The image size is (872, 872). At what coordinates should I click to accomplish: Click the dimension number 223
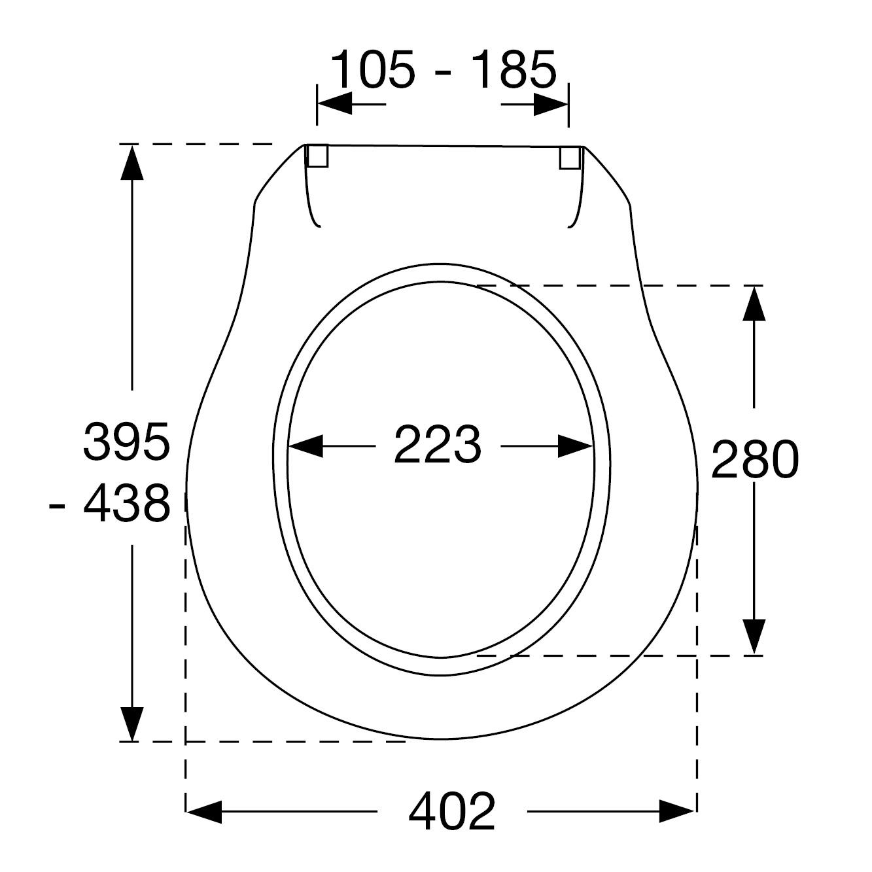pos(438,444)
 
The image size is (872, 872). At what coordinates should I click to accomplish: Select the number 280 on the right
pos(755,460)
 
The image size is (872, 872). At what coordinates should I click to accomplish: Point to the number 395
pos(126,441)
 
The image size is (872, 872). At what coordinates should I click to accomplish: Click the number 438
pos(126,503)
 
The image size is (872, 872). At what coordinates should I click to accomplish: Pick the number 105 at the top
pos(373,69)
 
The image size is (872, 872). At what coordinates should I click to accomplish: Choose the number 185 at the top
pos(514,69)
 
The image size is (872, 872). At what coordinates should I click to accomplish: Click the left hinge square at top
pos(318,156)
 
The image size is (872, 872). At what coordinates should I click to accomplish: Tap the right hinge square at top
pos(569,158)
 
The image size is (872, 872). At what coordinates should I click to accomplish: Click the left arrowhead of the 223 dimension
pos(305,446)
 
